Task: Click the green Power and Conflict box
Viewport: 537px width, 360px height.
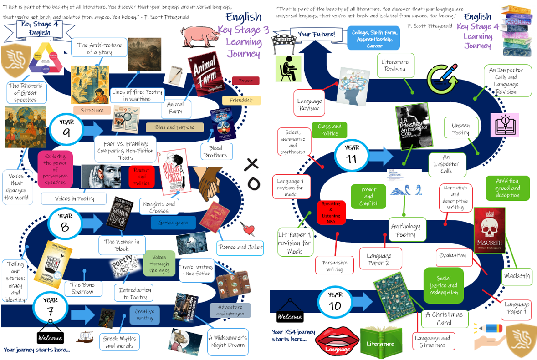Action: (368, 196)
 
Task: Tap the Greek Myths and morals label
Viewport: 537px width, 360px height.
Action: (119, 342)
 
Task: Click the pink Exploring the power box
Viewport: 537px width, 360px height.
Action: (55, 169)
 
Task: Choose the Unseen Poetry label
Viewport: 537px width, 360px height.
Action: (460, 129)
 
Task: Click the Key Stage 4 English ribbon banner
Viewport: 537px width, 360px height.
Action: (40, 28)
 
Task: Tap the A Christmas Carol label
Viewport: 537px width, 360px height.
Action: (444, 319)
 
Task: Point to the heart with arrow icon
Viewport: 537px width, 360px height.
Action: (249, 229)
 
